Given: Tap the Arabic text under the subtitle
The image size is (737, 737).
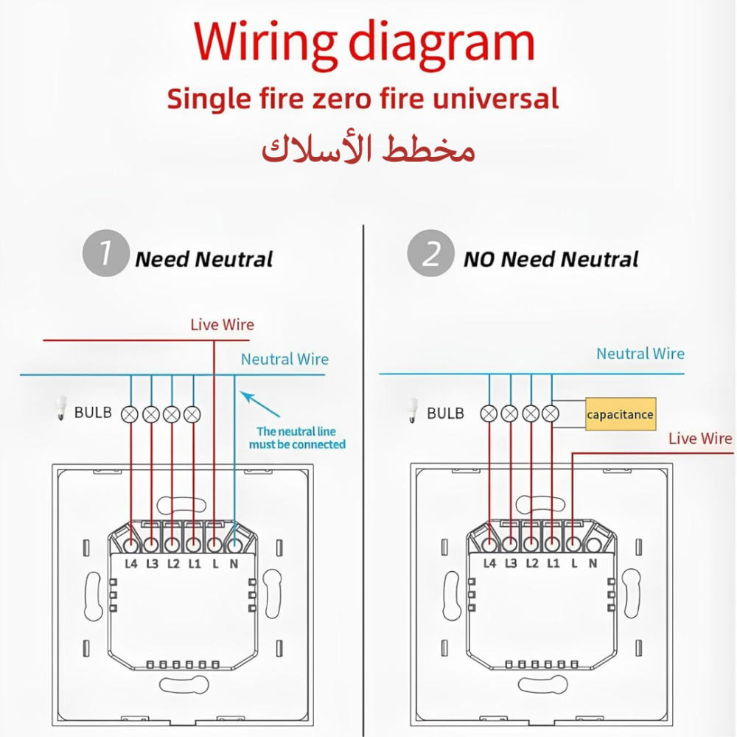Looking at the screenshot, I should point(368,149).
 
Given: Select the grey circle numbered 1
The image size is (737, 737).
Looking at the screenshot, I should point(105,256).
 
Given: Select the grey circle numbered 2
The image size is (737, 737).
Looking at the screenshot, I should point(430,256).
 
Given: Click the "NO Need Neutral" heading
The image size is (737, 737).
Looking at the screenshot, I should point(551,259).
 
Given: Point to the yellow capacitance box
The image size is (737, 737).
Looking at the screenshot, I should point(620,414).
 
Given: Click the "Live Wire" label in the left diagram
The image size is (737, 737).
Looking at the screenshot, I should point(222,324).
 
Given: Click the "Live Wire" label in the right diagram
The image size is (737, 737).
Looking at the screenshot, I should point(700,439).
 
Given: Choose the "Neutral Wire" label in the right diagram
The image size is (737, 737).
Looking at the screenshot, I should point(640,354).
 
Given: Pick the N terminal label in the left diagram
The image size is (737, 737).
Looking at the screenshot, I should point(234,565).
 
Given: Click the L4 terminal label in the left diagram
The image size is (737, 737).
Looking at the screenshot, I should point(131,565).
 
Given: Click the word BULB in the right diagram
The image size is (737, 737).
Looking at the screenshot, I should point(445,413).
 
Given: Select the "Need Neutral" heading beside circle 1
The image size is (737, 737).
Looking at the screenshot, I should point(204,259).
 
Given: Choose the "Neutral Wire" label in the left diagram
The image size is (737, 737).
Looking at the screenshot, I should point(284,360).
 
